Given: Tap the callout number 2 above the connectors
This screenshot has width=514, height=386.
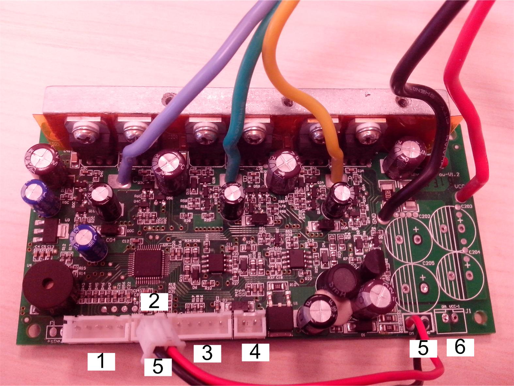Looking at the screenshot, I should pyautogui.click(x=154, y=301).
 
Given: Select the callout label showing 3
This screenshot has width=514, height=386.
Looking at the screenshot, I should pyautogui.click(x=207, y=353).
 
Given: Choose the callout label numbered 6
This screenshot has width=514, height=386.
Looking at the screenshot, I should pyautogui.click(x=460, y=347).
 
